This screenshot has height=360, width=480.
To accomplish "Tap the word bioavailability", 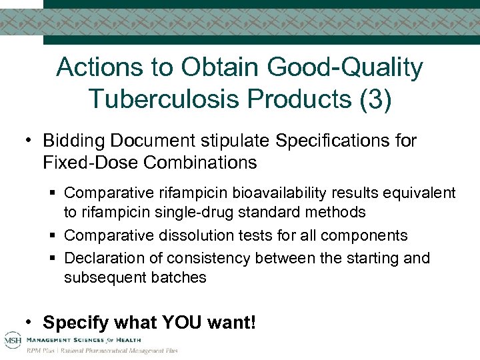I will point(273,193).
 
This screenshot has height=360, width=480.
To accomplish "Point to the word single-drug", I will point(187,212).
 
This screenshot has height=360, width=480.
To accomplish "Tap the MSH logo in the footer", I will point(12,339).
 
